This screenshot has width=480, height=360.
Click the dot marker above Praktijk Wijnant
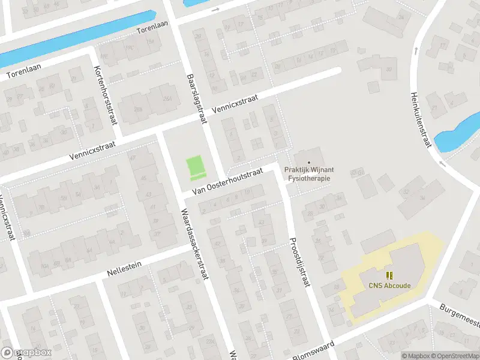[309, 163]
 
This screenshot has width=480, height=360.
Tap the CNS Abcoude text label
[389, 286]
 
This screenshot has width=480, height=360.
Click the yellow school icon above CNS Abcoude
[389, 275]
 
